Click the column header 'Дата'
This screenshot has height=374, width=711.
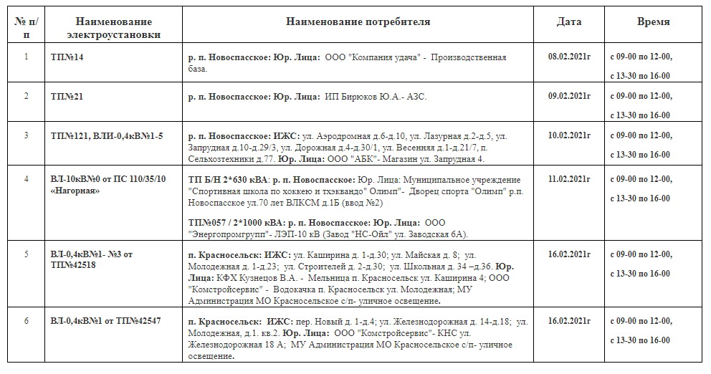point(569,21)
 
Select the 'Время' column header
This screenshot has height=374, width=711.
point(653,21)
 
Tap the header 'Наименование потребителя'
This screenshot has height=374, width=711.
point(358,21)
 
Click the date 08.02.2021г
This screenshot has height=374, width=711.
point(569,56)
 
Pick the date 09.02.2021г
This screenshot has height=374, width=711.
point(569,95)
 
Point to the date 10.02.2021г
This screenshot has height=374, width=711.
point(569,134)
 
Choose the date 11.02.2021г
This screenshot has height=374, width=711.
point(569,178)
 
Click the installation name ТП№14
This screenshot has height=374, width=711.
point(67,57)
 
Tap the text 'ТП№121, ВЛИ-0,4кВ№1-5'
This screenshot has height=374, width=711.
point(107,135)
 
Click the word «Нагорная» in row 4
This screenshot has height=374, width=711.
point(75,191)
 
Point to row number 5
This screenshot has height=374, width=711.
point(26,254)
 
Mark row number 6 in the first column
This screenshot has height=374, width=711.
point(26,320)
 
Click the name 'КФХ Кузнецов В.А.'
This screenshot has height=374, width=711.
point(259,278)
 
